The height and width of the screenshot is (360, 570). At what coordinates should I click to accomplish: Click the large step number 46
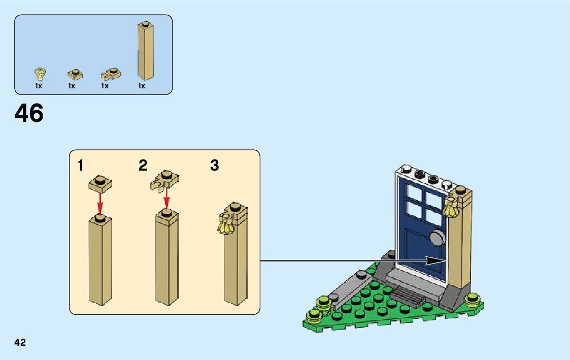[29, 113]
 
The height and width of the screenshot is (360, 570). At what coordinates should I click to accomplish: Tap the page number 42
[20, 343]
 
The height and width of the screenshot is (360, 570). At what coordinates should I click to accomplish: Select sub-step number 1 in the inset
[81, 166]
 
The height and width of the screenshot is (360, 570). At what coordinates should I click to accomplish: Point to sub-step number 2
[143, 166]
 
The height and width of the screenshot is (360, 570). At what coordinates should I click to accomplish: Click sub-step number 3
[215, 166]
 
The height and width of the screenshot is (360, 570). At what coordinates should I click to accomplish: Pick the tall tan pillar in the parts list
[146, 51]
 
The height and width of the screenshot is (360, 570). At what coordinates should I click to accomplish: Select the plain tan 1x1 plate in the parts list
[75, 75]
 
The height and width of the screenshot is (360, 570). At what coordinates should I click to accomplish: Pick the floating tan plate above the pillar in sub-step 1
[100, 183]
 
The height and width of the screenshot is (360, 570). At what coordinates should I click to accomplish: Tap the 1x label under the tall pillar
[142, 86]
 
